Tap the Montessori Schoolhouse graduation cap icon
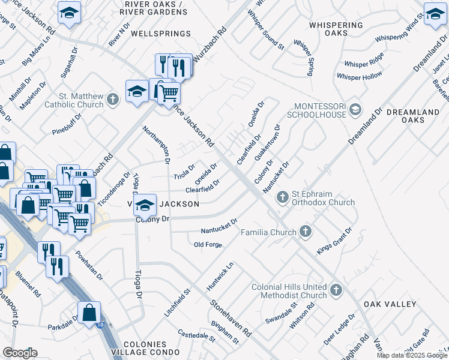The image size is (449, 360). click(355, 109)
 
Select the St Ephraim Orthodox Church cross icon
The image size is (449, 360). click(282, 197)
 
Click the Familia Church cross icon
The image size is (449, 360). click(306, 232)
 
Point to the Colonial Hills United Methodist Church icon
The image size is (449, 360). click(336, 291)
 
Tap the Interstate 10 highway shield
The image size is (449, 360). click(99, 325)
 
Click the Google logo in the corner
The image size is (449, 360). click(20, 352)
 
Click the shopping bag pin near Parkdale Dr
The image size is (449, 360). click(89, 312)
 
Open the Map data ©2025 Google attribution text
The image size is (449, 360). click(412, 355)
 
